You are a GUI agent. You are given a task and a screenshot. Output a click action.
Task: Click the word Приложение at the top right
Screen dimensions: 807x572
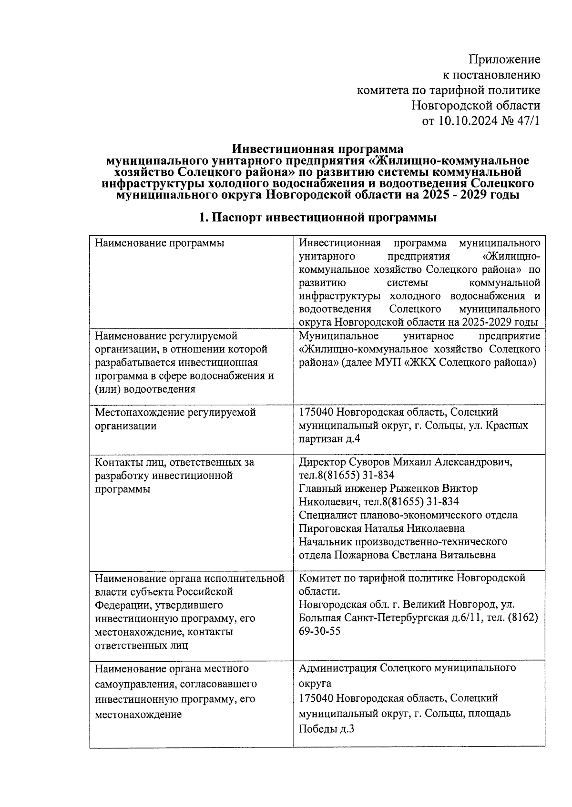504,60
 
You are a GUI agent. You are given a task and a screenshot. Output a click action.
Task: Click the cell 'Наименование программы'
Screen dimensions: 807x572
160,243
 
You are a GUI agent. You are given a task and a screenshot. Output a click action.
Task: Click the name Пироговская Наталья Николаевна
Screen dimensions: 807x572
381,528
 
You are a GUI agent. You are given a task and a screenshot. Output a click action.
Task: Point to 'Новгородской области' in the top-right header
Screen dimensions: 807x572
476,105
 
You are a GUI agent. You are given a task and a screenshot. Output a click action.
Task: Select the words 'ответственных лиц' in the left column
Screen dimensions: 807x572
142,646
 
